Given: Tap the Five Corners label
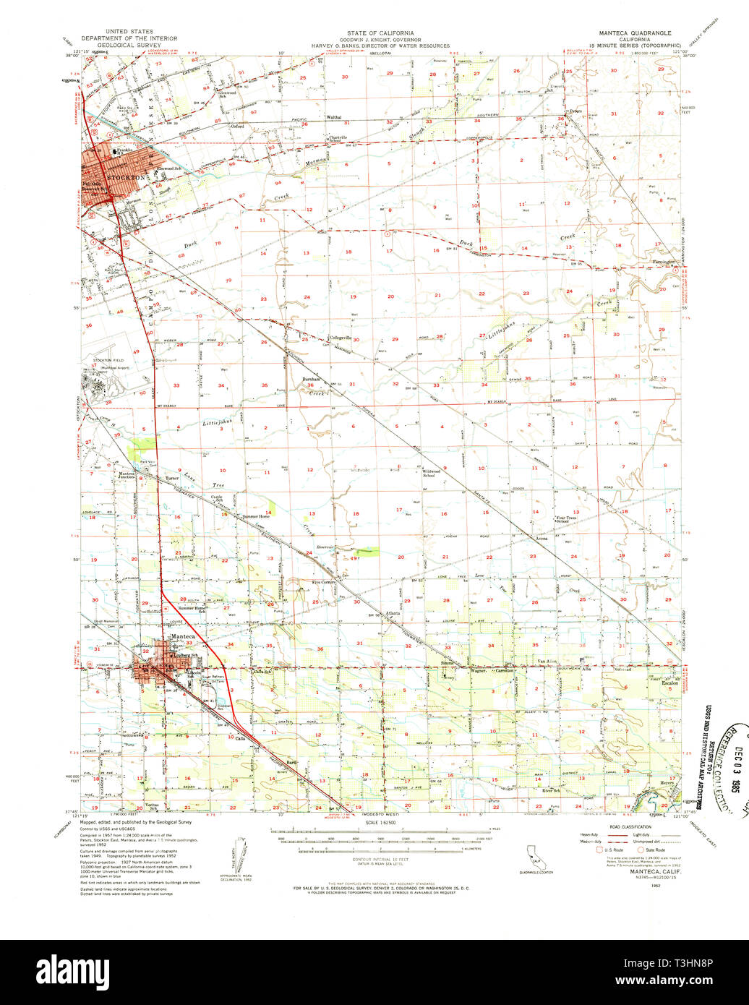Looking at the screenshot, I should tap(325, 582).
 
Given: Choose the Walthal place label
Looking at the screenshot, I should tap(333, 117).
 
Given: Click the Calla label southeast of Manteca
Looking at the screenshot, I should tap(241, 738).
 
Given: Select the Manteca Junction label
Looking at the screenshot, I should tap(132, 476).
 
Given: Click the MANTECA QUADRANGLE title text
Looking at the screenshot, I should tap(634, 33).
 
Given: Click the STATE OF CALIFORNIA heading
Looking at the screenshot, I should tap(380, 33).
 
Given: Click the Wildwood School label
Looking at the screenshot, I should tap(433, 473).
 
